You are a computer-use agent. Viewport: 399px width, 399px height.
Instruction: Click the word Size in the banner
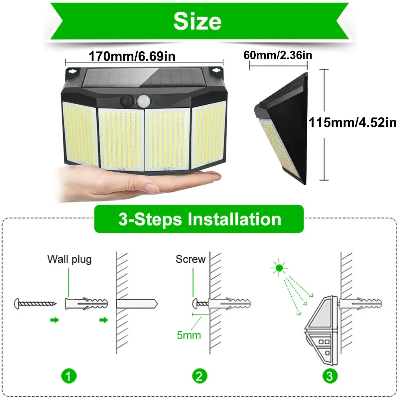[197, 21]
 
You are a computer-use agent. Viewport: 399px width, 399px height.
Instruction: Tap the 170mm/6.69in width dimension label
[132, 57]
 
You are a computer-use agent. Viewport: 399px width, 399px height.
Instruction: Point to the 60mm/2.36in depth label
[278, 55]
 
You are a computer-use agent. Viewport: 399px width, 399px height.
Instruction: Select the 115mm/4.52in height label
[352, 122]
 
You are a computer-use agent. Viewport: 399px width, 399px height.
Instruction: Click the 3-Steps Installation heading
[199, 219]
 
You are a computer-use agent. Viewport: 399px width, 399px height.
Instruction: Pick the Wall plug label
[69, 259]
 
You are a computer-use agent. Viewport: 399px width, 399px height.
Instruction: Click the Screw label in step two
[191, 259]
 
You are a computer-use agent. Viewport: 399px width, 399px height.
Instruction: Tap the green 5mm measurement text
[189, 335]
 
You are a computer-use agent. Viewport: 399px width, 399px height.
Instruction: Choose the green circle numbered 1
[69, 376]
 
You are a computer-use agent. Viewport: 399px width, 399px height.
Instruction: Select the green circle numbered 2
[199, 376]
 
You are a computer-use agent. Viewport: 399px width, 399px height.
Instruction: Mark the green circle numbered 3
[330, 376]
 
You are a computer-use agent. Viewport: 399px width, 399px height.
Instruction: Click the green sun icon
[279, 267]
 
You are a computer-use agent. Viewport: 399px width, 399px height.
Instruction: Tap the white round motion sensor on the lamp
[143, 100]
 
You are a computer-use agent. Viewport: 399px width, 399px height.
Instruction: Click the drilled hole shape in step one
[136, 304]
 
